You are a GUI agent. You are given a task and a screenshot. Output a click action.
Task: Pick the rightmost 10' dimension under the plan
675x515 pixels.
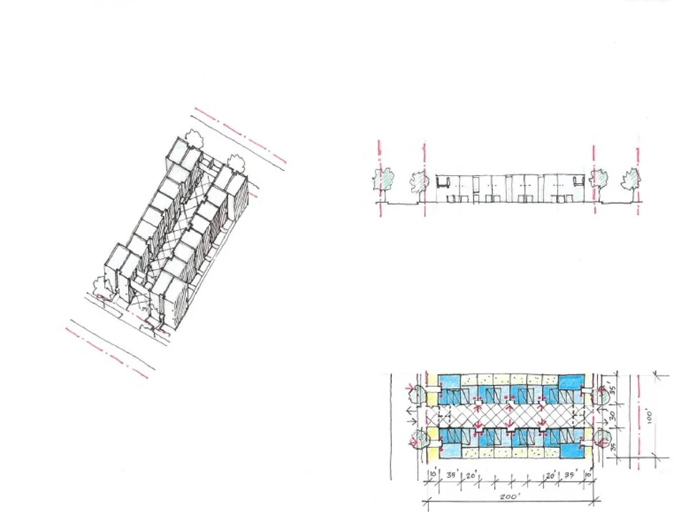(x=588, y=474)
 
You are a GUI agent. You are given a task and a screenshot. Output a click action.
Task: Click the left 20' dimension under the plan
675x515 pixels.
(x=473, y=474)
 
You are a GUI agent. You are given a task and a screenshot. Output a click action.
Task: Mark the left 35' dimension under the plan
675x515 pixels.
(x=451, y=474)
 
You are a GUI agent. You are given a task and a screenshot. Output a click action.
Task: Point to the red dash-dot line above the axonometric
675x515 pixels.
(x=240, y=136)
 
